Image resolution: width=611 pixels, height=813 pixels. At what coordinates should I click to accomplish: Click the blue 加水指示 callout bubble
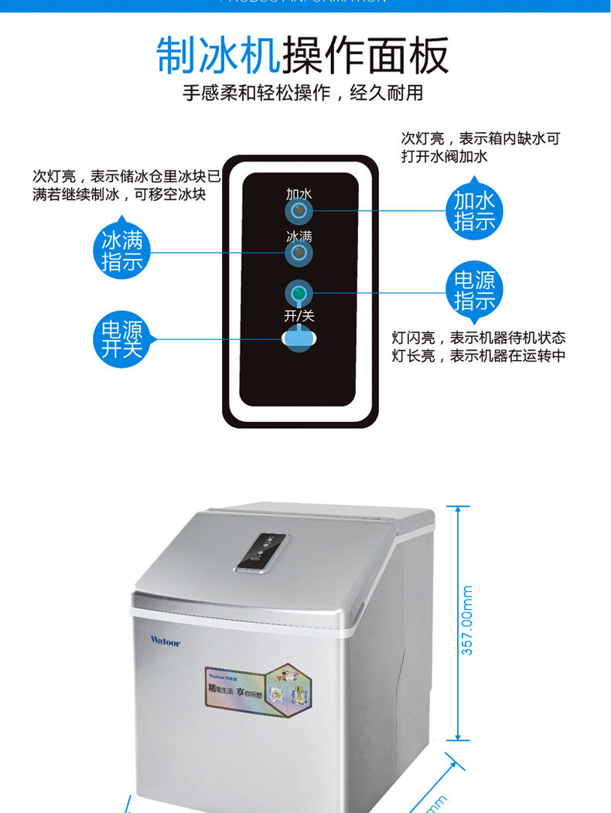(x=474, y=211)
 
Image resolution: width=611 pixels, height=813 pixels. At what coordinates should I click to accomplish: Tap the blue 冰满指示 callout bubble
(x=122, y=251)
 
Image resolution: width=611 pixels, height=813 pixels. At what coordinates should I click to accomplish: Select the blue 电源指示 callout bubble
(x=474, y=290)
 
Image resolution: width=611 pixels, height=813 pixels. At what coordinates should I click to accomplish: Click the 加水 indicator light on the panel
(x=299, y=211)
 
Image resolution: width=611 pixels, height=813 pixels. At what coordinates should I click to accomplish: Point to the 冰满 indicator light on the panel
(x=299, y=253)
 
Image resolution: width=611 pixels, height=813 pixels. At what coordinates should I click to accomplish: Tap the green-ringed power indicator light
(x=299, y=293)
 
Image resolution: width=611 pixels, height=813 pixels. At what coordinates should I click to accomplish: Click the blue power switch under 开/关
(x=299, y=338)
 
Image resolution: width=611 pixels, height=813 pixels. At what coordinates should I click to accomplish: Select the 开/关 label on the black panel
(x=299, y=315)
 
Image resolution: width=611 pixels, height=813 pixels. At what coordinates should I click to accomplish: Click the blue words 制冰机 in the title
(x=219, y=56)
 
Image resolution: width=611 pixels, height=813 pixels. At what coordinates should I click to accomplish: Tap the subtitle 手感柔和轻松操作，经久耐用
(x=303, y=94)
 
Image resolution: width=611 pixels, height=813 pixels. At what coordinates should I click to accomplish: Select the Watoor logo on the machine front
(x=165, y=641)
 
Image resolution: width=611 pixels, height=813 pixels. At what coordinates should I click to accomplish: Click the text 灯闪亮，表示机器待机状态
(x=478, y=338)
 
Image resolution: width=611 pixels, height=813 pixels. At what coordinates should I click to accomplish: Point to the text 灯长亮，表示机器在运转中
(x=478, y=355)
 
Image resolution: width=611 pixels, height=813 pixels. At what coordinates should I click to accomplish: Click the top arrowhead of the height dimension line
(x=458, y=509)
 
